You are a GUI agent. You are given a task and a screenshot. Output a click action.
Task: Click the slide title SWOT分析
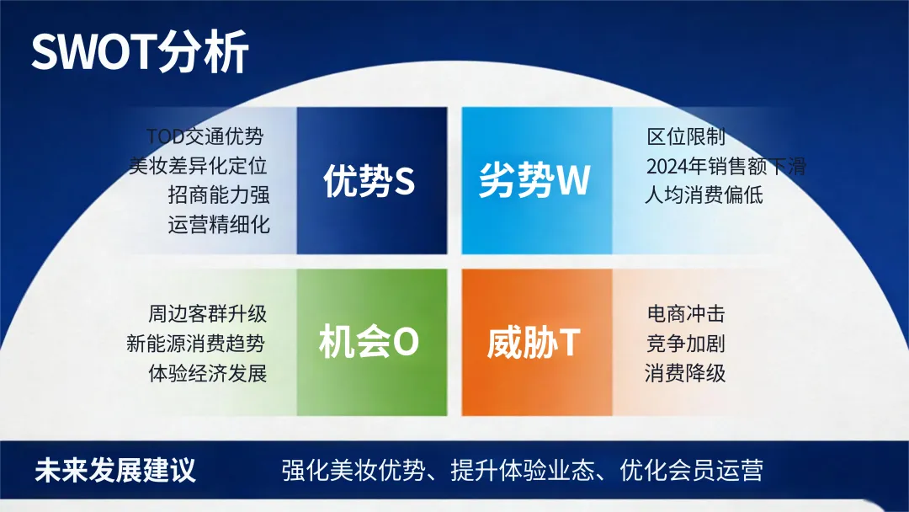point(140,52)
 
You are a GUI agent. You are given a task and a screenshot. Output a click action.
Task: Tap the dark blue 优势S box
point(372,180)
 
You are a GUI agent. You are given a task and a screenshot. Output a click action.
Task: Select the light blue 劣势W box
point(537,180)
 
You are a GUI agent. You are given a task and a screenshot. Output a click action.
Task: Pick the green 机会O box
point(372,342)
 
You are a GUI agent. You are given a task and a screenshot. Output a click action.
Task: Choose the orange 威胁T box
point(537,342)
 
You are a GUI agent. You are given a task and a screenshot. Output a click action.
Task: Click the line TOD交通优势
point(205,137)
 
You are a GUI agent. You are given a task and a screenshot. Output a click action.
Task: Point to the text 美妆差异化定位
point(198,166)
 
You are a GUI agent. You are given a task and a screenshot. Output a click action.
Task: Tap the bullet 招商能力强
point(219,195)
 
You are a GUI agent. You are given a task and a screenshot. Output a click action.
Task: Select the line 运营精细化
point(219,224)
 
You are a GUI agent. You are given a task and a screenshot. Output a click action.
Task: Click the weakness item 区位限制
point(686,137)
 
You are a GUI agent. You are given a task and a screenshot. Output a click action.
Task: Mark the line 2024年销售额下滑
point(726,167)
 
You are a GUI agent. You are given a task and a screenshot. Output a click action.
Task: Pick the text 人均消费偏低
point(704,195)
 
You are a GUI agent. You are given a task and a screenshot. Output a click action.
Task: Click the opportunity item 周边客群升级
point(207,314)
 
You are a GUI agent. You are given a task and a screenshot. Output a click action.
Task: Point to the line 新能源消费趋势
point(196,344)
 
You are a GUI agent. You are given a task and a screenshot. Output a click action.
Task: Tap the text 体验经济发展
point(207,373)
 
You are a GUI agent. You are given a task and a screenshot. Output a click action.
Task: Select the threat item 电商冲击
point(686,314)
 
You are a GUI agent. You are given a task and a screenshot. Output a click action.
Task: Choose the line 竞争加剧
point(686,344)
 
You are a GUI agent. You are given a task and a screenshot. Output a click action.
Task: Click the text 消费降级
point(685,373)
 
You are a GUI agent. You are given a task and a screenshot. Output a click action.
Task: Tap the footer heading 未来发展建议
point(114,470)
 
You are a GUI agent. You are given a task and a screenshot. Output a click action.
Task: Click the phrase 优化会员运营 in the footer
point(691,470)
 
